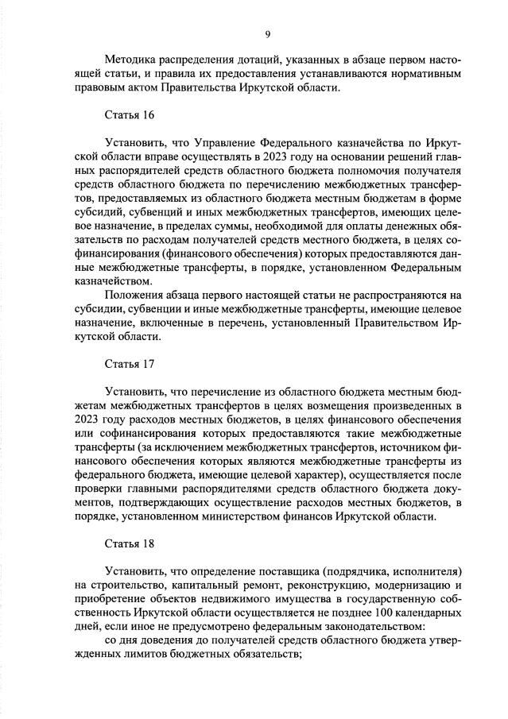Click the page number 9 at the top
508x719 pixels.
pos(267,33)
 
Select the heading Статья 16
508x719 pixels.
pos(130,115)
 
